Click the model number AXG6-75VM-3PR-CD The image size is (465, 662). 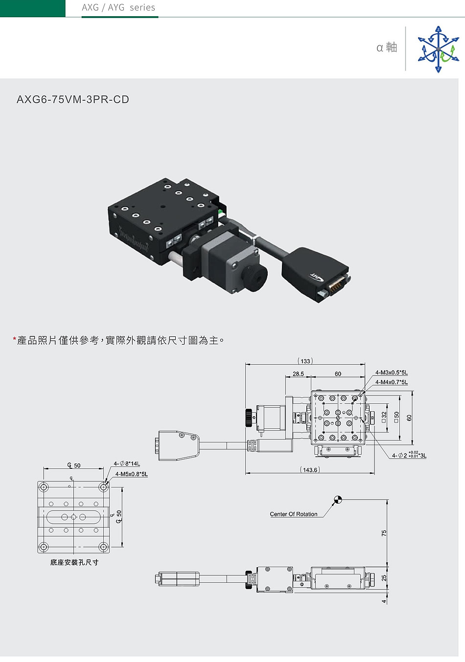[x=73, y=100]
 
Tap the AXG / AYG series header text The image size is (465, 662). [x=118, y=7]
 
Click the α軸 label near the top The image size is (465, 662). [x=387, y=47]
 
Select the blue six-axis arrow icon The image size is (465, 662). [x=439, y=49]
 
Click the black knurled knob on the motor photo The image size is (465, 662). [x=255, y=277]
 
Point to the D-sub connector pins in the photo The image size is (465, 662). [x=336, y=286]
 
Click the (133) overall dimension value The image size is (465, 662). [x=305, y=361]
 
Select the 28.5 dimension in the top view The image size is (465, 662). [x=298, y=374]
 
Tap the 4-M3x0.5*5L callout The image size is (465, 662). [x=392, y=373]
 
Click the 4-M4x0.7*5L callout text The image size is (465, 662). [x=392, y=382]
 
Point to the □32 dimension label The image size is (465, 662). [x=384, y=417]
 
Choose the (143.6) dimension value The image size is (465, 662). [x=310, y=469]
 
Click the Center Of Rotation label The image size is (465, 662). [x=293, y=514]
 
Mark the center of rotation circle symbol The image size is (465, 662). [x=338, y=500]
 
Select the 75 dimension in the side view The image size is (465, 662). [x=384, y=533]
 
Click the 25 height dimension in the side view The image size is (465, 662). [x=384, y=578]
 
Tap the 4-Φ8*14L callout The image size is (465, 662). [x=127, y=463]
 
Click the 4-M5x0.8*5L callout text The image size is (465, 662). [x=131, y=474]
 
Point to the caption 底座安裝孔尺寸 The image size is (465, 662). [x=74, y=562]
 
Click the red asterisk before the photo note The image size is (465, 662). [x=14, y=339]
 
